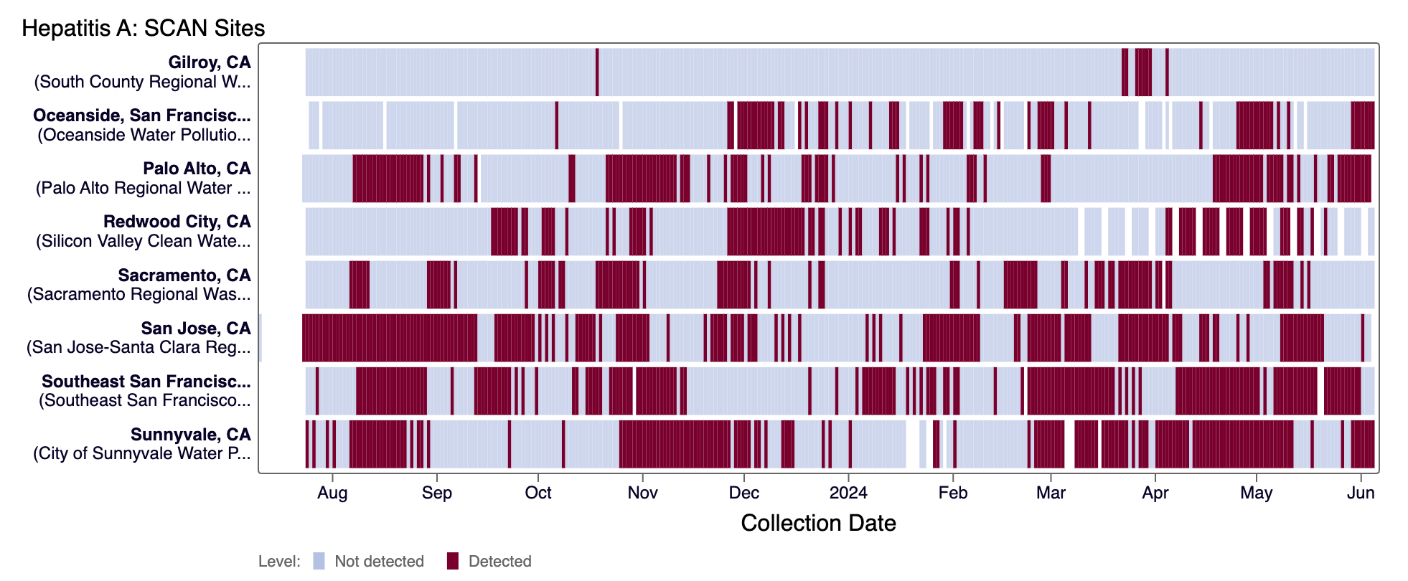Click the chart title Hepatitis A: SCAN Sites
(x=144, y=28)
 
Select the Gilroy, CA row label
(x=210, y=62)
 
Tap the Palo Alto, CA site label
(x=197, y=169)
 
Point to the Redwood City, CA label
(x=177, y=222)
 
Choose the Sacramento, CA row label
(x=184, y=275)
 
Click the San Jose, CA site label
(x=196, y=329)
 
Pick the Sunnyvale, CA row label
(x=190, y=435)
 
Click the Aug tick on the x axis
(x=332, y=493)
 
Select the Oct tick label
(x=538, y=493)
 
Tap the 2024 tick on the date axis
(x=848, y=493)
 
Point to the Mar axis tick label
(x=1051, y=493)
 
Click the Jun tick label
(x=1361, y=493)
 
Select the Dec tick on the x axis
(x=743, y=493)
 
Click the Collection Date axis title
(x=818, y=523)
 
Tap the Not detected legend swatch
(x=319, y=561)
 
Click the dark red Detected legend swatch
(x=452, y=561)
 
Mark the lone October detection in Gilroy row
(x=597, y=72)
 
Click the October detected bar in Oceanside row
(x=556, y=126)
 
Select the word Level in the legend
(x=278, y=561)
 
